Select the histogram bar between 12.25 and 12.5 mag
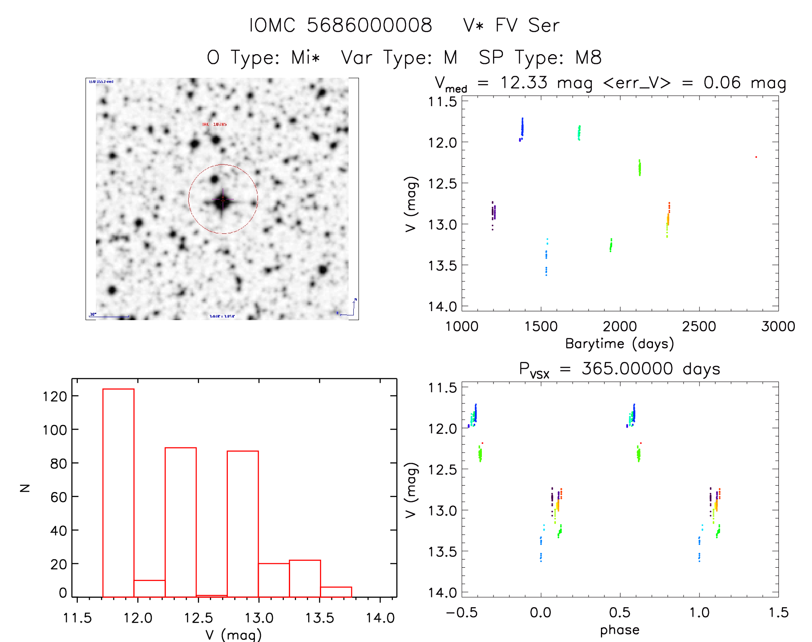click(x=181, y=522)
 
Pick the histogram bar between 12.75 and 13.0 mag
click(x=242, y=524)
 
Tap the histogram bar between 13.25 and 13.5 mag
click(x=305, y=578)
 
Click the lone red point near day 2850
click(x=756, y=157)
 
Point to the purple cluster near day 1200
click(x=493, y=212)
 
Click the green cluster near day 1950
click(x=611, y=245)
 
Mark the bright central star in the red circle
click(x=222, y=200)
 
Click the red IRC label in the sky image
click(x=214, y=124)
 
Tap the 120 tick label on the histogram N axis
click(x=55, y=396)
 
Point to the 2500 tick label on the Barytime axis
click(x=699, y=326)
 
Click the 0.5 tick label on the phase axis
click(x=620, y=612)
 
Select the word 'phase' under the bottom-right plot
click(x=619, y=630)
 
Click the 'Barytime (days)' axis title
click(x=619, y=344)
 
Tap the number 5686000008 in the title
click(x=369, y=25)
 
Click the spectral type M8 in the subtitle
click(x=588, y=58)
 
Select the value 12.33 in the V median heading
click(x=524, y=83)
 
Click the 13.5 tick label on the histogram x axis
click(x=319, y=618)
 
